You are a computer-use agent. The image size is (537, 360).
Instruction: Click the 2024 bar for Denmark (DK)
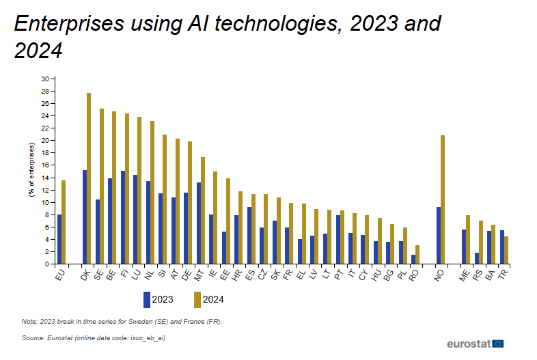pos(89,178)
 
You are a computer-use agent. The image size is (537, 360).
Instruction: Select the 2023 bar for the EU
pos(59,239)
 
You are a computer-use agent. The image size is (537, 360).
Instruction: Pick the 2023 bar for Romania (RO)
pos(413,260)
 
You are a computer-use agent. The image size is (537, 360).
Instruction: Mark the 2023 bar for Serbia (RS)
pos(476,258)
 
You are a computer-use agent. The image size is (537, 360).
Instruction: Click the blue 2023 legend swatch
pos(147,299)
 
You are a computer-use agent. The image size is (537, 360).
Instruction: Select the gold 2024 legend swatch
pos(197,299)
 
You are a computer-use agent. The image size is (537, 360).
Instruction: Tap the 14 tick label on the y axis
pos(45,178)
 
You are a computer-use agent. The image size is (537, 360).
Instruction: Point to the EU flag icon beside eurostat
pos(499,343)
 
